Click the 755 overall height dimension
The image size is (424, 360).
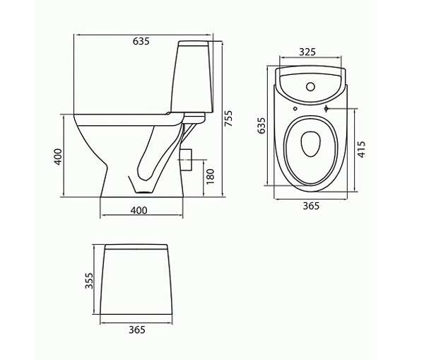click(228, 118)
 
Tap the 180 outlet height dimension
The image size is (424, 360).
click(210, 177)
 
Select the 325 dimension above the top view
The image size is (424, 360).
click(307, 52)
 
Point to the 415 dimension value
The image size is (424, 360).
click(361, 149)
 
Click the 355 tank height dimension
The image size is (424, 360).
click(89, 280)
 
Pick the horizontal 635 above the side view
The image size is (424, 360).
click(141, 41)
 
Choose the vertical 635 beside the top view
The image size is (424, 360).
click(261, 125)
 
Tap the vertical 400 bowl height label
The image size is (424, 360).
click(58, 156)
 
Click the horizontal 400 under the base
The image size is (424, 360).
click(139, 210)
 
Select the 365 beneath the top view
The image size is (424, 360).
click(311, 206)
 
